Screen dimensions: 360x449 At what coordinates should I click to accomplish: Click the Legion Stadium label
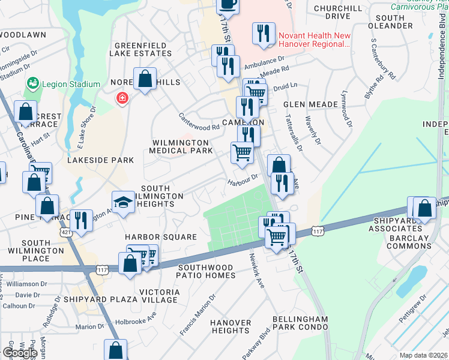[x=71, y=84]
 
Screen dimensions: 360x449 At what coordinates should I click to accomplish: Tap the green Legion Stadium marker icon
[x=33, y=84]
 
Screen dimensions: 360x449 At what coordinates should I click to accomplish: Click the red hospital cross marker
[x=122, y=98]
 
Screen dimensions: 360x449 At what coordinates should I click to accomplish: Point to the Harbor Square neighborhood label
[x=161, y=237]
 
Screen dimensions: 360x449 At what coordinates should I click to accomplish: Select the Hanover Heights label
[x=231, y=326]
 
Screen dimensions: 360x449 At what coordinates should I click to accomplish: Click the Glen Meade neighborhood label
[x=310, y=104]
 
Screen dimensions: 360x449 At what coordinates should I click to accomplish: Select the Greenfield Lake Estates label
[x=143, y=49]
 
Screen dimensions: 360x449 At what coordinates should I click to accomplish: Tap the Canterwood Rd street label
[x=199, y=122]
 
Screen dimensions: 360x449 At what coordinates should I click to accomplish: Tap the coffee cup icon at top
[x=228, y=4]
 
